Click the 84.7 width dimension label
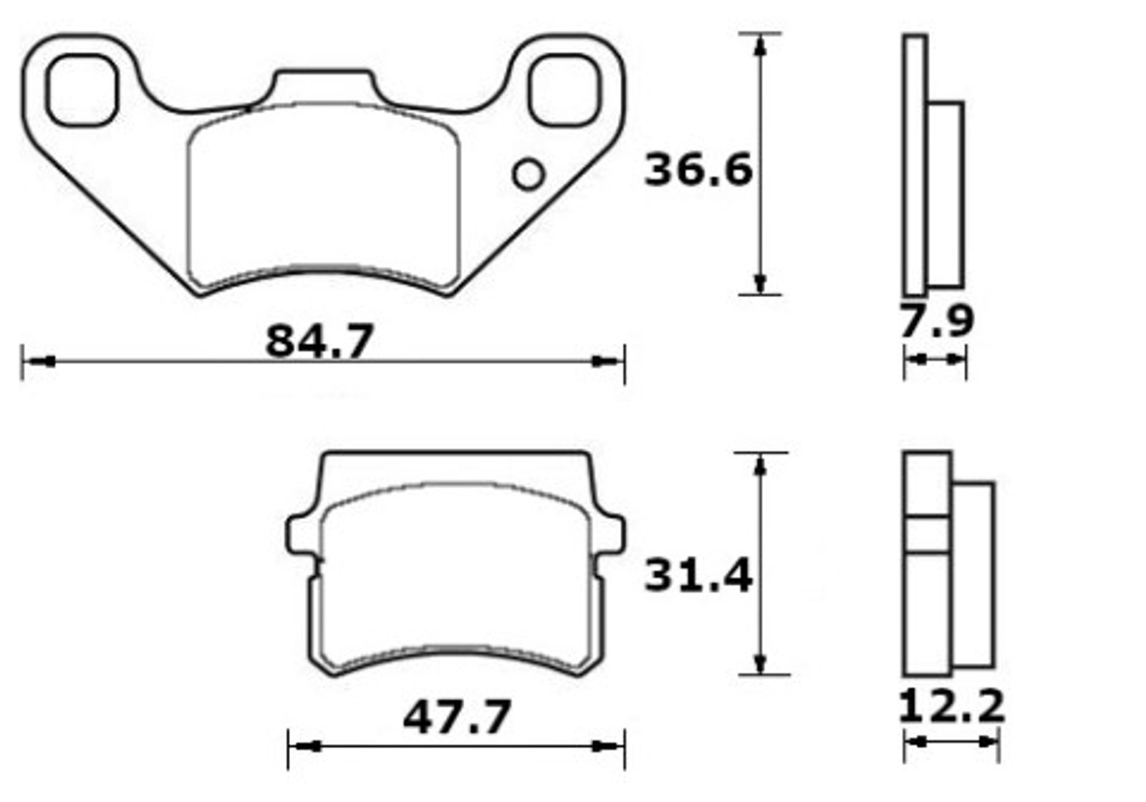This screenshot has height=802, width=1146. pyautogui.click(x=319, y=341)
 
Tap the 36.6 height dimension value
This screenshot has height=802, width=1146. pyautogui.click(x=698, y=169)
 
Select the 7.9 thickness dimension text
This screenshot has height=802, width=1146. pyautogui.click(x=936, y=321)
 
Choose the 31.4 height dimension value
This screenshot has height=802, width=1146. pyautogui.click(x=698, y=576)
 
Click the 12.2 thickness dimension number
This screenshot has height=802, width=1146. pyautogui.click(x=951, y=706)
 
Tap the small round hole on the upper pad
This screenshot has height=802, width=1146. pyautogui.click(x=528, y=175)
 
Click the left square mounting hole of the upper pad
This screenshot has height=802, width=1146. pyautogui.click(x=82, y=90)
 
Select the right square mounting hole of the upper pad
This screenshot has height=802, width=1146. pyautogui.click(x=565, y=90)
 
